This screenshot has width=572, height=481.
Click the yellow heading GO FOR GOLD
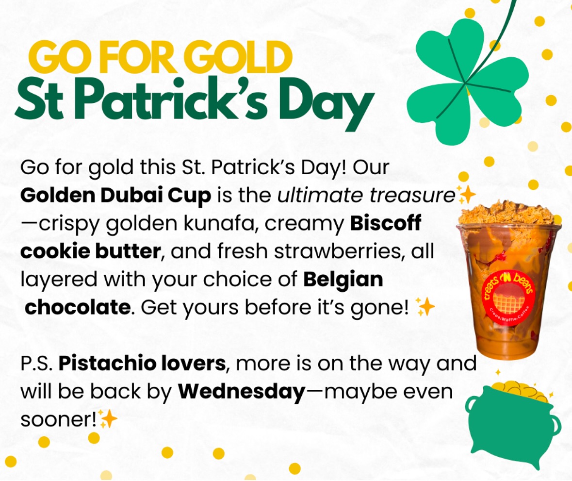(x=161, y=57)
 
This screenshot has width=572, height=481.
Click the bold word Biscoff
(x=386, y=223)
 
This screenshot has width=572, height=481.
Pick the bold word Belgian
(x=343, y=280)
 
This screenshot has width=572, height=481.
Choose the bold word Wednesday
(x=241, y=392)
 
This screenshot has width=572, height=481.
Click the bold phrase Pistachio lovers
(x=142, y=364)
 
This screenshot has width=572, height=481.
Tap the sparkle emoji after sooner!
(x=108, y=418)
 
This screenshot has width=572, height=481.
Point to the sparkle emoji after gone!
(x=425, y=307)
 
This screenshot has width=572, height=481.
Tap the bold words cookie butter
(x=90, y=251)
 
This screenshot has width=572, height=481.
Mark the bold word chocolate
(x=77, y=307)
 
